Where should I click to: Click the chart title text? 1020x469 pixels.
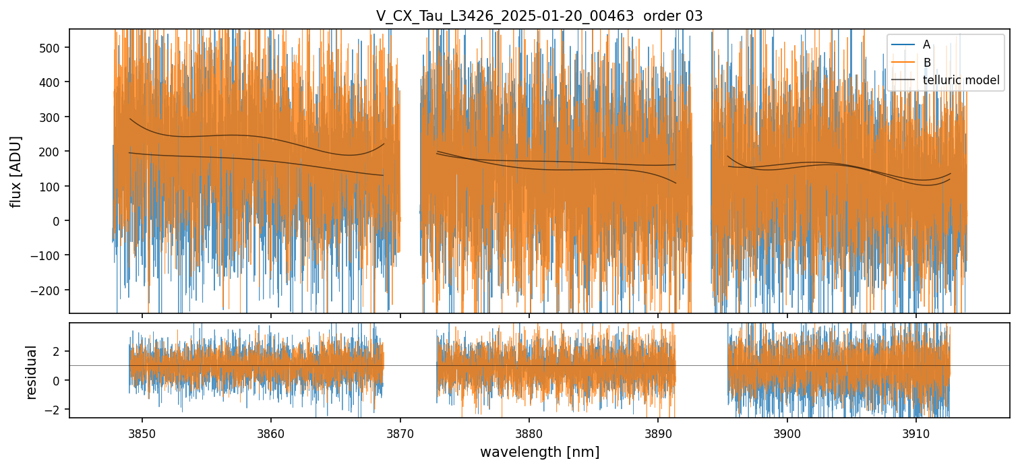point(539,16)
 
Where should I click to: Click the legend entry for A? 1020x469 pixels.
point(926,44)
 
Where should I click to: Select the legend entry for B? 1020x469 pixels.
point(926,63)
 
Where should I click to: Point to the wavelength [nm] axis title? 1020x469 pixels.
point(539,451)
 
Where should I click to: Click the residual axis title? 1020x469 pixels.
point(31,372)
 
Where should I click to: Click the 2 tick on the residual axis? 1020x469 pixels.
point(57,351)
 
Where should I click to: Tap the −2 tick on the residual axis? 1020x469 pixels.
point(55,409)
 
